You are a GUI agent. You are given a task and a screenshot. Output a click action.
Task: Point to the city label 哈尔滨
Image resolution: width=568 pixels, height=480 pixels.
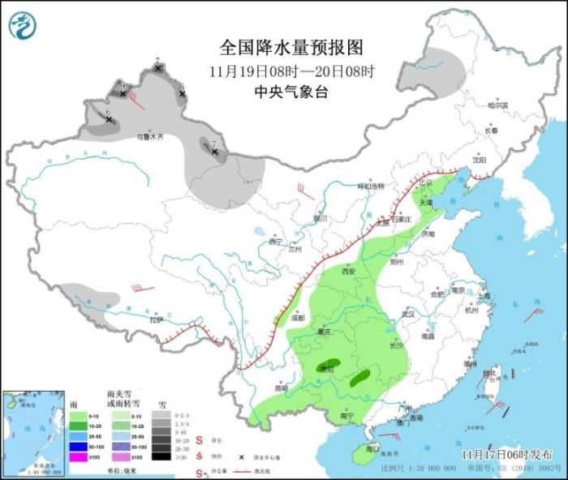(497, 105)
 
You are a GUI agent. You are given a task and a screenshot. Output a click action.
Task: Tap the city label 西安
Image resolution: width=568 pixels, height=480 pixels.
(350, 272)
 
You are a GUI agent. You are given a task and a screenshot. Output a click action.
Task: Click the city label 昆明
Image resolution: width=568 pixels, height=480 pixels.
(281, 388)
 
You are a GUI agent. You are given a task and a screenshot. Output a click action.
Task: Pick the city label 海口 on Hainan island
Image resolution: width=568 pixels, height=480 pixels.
(372, 448)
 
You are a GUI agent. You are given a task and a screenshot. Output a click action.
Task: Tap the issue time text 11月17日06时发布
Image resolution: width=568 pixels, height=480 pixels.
(507, 455)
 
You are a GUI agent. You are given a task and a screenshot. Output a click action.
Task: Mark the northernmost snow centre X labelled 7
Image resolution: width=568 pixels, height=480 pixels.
(158, 68)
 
